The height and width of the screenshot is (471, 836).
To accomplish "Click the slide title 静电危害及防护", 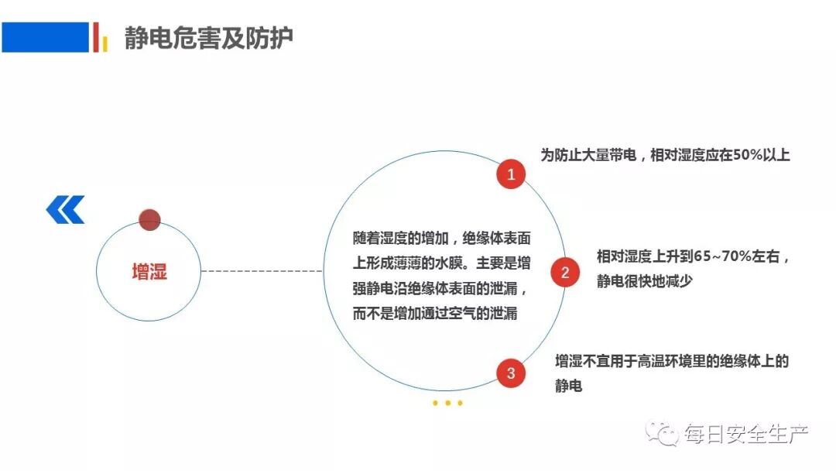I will (209, 38).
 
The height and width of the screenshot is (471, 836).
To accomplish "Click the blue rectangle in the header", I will (45, 37).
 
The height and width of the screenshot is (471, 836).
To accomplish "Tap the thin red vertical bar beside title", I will (96, 36).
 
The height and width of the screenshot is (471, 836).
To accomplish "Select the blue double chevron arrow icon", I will (65, 209).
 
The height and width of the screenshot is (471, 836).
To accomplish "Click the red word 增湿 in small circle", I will (149, 272).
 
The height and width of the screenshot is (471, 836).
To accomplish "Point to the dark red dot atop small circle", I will (149, 219).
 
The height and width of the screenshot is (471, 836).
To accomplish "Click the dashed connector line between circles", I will (262, 271).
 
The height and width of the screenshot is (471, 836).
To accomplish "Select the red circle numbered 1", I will (511, 175).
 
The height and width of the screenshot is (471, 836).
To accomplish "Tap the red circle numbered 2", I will (565, 273).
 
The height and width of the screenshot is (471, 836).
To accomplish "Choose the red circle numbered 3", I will (511, 373).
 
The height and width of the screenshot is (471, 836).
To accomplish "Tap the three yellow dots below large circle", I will (447, 403).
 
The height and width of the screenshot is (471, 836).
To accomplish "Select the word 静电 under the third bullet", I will (568, 385).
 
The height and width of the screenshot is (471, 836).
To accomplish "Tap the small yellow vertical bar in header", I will (104, 44).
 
